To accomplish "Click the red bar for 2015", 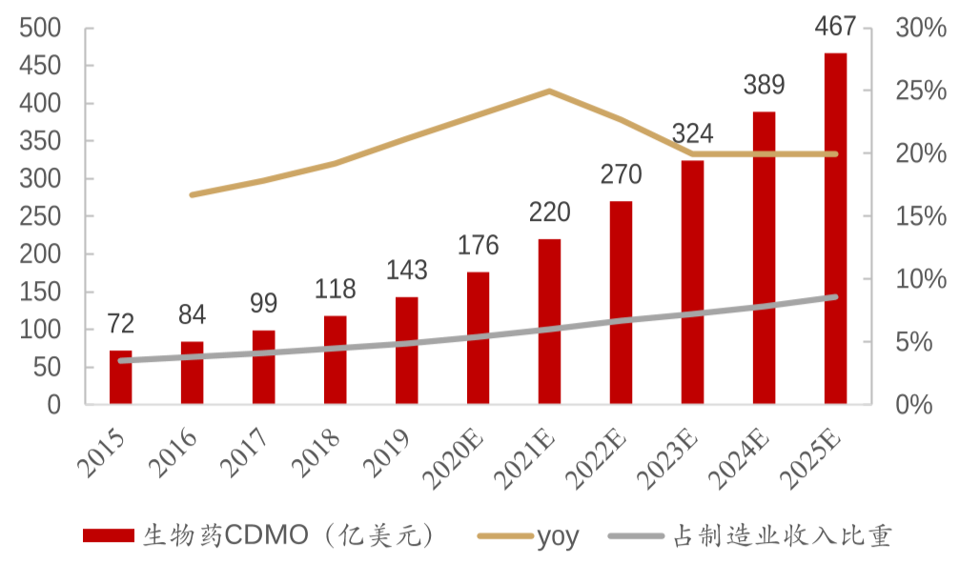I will pyautogui.click(x=120, y=377).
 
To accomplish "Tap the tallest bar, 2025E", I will pyautogui.click(x=835, y=229).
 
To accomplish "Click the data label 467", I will pyautogui.click(x=835, y=26).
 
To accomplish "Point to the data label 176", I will pyautogui.click(x=478, y=245).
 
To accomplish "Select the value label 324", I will pyautogui.click(x=692, y=132).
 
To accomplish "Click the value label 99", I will pyautogui.click(x=263, y=304).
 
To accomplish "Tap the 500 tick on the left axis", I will pyautogui.click(x=40, y=29).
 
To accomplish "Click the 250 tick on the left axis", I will pyautogui.click(x=40, y=216).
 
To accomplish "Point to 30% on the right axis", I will pyautogui.click(x=921, y=29).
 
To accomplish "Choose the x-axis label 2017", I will pyautogui.click(x=250, y=451).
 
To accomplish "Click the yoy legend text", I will pyautogui.click(x=558, y=536).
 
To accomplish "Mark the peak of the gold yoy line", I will pyautogui.click(x=549, y=90).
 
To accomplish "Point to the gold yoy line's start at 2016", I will pyautogui.click(x=192, y=194).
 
